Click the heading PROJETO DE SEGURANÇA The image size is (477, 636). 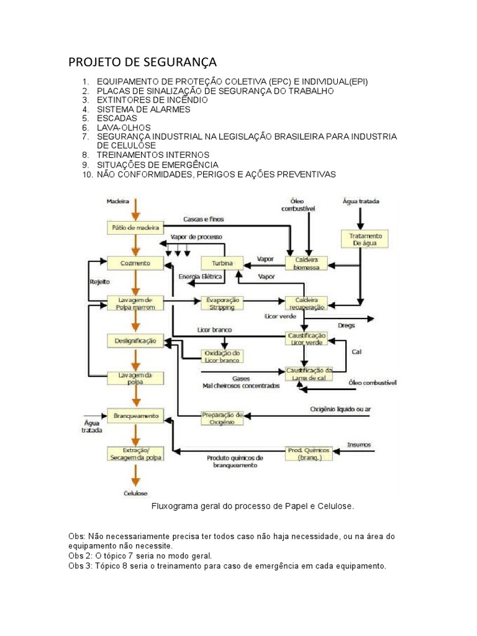pyautogui.click(x=142, y=62)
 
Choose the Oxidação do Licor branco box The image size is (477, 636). pyautogui.click(x=222, y=356)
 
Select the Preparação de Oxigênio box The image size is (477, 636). pyautogui.click(x=222, y=418)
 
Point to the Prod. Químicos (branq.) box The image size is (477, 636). pyautogui.click(x=309, y=453)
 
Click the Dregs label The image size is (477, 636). pyautogui.click(x=346, y=325)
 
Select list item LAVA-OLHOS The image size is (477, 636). pyautogui.click(x=123, y=127)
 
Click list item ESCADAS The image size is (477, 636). pyautogui.click(x=117, y=118)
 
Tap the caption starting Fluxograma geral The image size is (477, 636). pyautogui.click(x=253, y=506)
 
